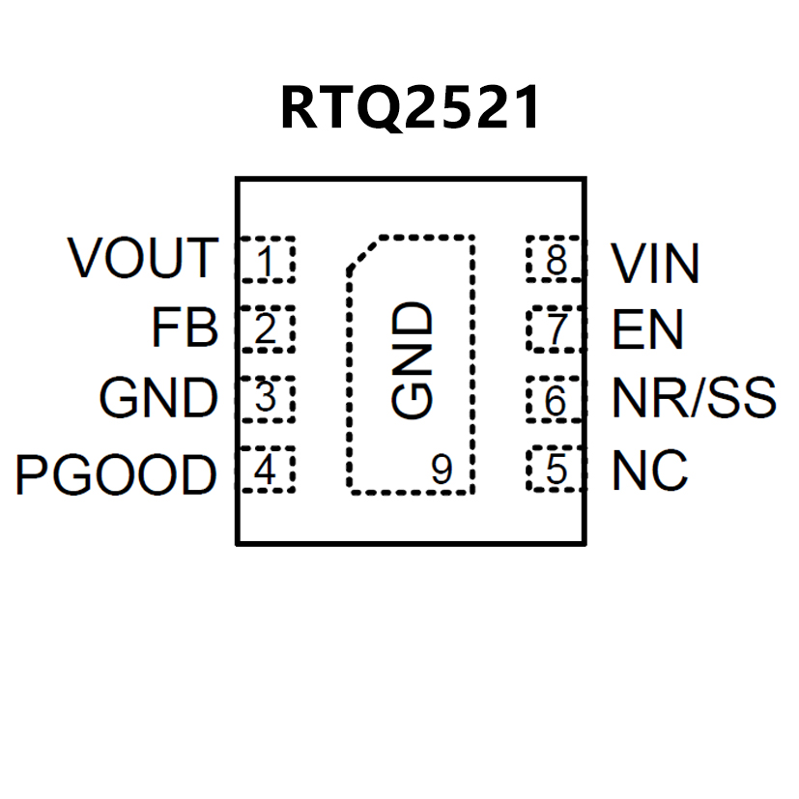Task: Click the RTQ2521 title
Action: click(410, 107)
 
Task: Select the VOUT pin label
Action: click(143, 258)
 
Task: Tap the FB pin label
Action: click(185, 328)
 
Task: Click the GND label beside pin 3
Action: click(158, 398)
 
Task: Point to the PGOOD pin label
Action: click(116, 473)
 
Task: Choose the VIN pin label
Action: click(656, 263)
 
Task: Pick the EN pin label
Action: click(648, 329)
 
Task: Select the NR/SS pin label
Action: click(694, 398)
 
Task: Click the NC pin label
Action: click(650, 471)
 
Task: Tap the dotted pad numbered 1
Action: click(266, 259)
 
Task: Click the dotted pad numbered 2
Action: click(266, 329)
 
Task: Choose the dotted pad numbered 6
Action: click(556, 399)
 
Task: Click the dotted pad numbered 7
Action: click(556, 329)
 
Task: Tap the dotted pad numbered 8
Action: click(556, 259)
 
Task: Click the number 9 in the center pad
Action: click(442, 471)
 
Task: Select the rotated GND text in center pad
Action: click(413, 360)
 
